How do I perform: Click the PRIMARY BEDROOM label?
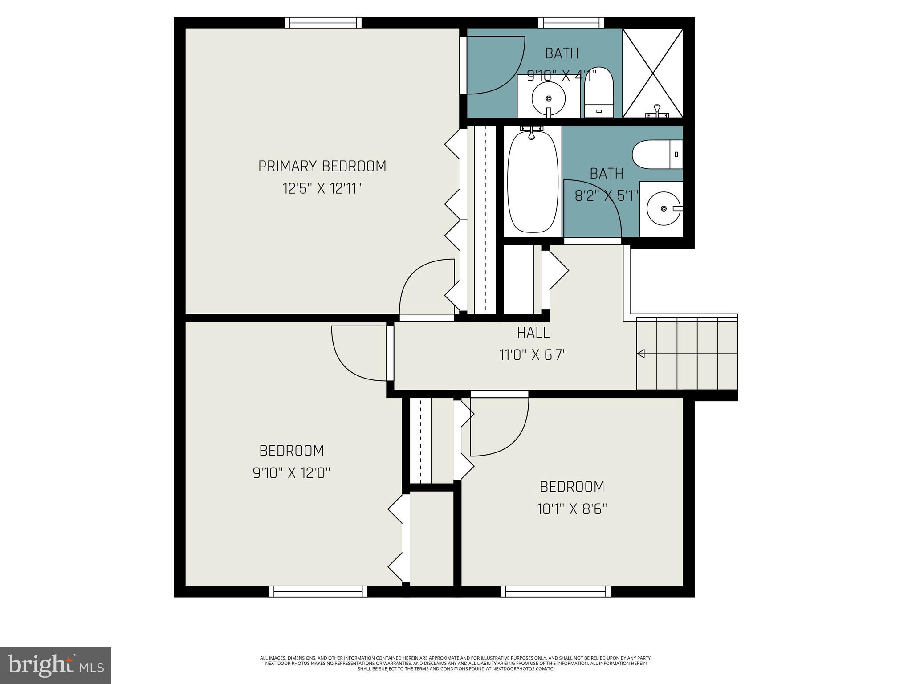click(322, 166)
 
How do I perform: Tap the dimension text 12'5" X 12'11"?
click(322, 189)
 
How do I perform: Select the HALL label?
click(533, 333)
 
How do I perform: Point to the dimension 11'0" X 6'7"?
click(533, 355)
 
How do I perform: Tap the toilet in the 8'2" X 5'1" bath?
click(657, 155)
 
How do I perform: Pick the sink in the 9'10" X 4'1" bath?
click(549, 98)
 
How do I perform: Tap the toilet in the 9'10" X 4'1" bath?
click(598, 94)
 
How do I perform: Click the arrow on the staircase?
click(641, 354)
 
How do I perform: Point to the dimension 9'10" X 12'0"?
click(292, 472)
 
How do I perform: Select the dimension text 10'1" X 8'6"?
click(572, 509)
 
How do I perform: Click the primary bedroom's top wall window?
click(323, 23)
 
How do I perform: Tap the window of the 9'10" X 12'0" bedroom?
click(318, 591)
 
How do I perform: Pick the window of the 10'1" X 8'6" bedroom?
click(555, 591)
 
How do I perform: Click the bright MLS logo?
click(56, 665)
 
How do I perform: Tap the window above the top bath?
click(571, 23)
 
